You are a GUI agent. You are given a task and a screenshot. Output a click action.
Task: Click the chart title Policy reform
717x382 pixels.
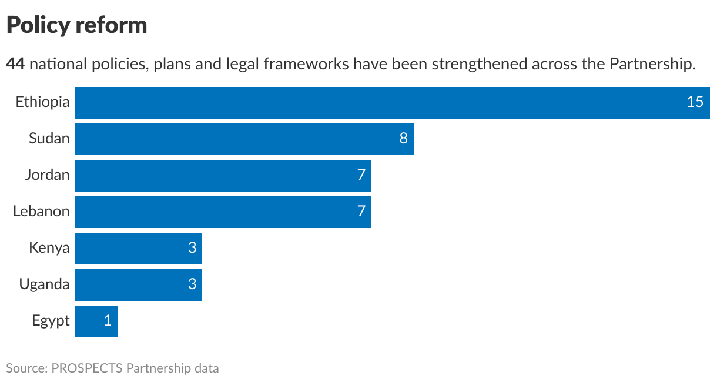[76, 25]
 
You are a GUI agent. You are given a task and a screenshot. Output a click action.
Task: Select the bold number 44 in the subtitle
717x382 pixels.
[15, 63]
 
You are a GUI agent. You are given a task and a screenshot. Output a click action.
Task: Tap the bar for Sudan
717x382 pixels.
[244, 139]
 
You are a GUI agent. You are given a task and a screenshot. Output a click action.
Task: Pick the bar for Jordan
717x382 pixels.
[223, 176]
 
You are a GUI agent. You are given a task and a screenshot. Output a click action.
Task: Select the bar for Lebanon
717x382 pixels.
[223, 212]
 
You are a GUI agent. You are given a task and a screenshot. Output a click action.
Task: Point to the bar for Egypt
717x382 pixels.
[96, 321]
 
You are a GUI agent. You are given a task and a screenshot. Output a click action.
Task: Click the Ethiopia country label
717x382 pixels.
[42, 102]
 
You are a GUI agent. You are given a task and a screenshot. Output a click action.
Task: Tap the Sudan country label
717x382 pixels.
[49, 139]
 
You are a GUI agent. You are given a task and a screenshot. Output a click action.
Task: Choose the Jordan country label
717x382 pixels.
[47, 175]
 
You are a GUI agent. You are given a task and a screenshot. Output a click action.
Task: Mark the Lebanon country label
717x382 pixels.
[41, 212]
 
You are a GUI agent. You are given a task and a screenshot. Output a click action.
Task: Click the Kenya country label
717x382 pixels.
[49, 248]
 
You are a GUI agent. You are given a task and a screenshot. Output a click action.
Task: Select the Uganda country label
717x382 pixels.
[44, 284]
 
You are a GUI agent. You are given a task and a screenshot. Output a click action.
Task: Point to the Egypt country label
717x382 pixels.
[51, 321]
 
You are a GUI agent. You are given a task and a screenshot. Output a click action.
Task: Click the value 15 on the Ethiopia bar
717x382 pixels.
[695, 102]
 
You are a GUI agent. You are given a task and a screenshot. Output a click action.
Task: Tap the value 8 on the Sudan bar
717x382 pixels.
[404, 139]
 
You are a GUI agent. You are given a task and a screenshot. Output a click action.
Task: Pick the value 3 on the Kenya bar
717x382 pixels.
[192, 248]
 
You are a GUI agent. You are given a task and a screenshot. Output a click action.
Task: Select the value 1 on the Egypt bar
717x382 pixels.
[108, 321]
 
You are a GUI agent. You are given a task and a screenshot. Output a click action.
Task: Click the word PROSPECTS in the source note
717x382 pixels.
[88, 368]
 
